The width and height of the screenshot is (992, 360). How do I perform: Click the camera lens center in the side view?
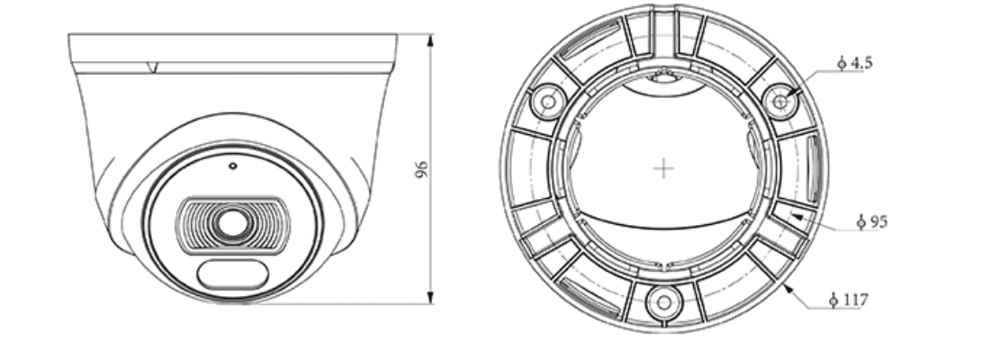(x=232, y=223)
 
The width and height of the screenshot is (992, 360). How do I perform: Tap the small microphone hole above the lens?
(x=232, y=166)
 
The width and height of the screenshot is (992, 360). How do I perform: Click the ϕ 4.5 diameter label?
(x=854, y=63)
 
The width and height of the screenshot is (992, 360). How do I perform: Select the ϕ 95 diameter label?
(x=871, y=220)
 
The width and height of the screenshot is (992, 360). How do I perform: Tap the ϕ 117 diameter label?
(x=847, y=299)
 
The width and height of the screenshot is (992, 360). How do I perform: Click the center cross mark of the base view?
(x=663, y=168)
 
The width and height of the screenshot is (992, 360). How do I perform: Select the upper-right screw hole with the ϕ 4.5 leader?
(x=780, y=102)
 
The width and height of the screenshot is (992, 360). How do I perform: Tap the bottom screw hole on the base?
(x=663, y=301)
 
